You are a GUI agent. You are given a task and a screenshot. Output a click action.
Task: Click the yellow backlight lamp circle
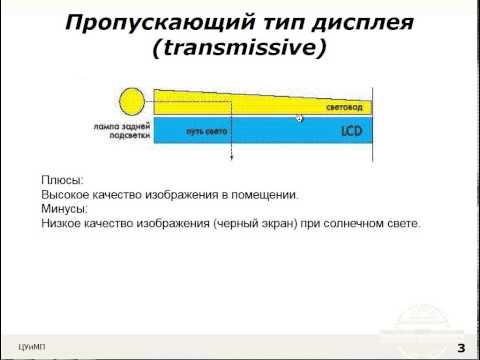(x=130, y=102)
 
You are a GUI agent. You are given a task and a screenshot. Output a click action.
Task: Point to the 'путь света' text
(x=205, y=132)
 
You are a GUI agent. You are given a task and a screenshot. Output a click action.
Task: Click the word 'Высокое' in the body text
(x=69, y=195)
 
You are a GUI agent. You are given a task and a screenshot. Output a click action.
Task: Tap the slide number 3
(x=461, y=347)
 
